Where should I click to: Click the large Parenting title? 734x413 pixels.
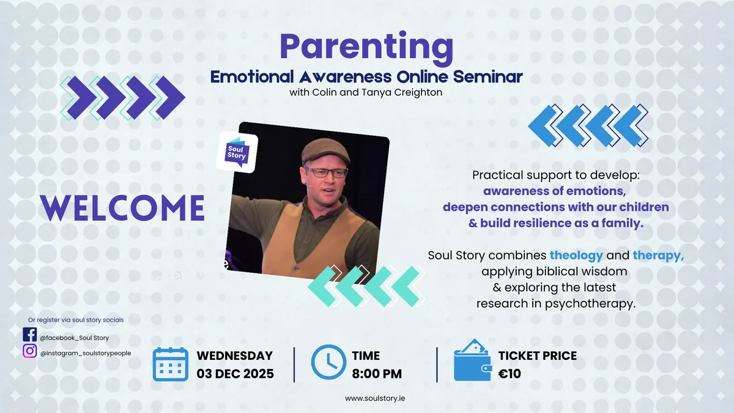pyautogui.click(x=366, y=48)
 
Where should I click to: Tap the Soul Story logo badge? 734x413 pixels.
pyautogui.click(x=237, y=153)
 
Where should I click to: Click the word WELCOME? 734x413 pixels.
pyautogui.click(x=122, y=208)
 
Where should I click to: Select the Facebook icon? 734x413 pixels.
pyautogui.click(x=29, y=335)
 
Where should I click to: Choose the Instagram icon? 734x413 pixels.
pyautogui.click(x=29, y=351)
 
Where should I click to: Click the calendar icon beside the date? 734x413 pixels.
pyautogui.click(x=170, y=364)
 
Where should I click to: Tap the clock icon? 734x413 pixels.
pyautogui.click(x=328, y=363)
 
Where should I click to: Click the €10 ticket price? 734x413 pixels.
pyautogui.click(x=510, y=373)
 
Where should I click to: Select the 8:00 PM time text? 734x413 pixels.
pyautogui.click(x=377, y=373)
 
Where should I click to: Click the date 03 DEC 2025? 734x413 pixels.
pyautogui.click(x=235, y=373)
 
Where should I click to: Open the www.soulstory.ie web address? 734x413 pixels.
pyautogui.click(x=375, y=398)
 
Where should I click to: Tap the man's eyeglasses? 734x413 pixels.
pyautogui.click(x=327, y=173)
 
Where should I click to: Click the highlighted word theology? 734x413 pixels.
pyautogui.click(x=576, y=255)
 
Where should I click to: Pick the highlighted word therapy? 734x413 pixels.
pyautogui.click(x=658, y=255)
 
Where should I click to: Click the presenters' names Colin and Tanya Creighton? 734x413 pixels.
pyautogui.click(x=366, y=92)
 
